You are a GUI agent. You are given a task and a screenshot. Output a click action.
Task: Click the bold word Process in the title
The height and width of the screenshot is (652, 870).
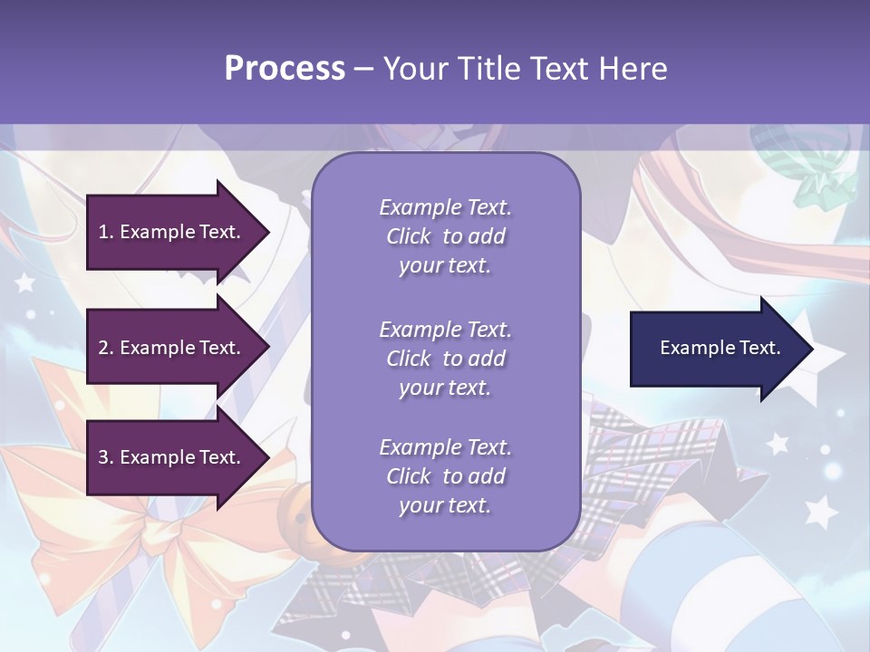pyautogui.click(x=285, y=69)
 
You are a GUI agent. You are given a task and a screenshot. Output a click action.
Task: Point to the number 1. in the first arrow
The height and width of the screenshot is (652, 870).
pyautogui.click(x=106, y=232)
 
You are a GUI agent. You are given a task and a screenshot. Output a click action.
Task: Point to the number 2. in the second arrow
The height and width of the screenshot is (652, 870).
pyautogui.click(x=106, y=348)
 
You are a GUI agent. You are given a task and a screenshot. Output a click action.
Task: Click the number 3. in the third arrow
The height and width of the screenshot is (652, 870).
pyautogui.click(x=106, y=457)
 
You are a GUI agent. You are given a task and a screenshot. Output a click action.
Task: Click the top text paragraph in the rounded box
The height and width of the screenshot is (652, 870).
pyautogui.click(x=445, y=236)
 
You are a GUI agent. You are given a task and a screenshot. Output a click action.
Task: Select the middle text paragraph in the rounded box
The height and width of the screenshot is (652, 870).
pyautogui.click(x=445, y=359)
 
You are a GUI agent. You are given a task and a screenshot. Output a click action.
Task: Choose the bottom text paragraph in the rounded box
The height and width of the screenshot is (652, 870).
pyautogui.click(x=445, y=476)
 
